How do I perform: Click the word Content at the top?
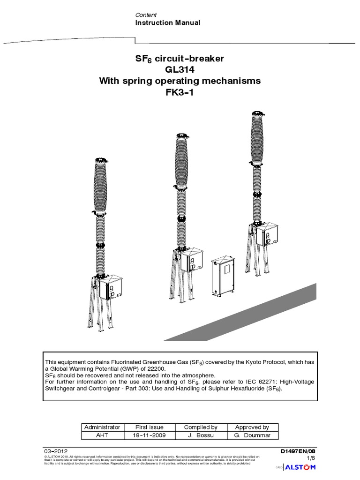click(x=146, y=15)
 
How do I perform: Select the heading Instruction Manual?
click(x=167, y=22)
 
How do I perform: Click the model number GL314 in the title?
click(x=180, y=70)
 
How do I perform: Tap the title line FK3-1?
click(x=180, y=92)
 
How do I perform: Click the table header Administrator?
click(x=102, y=427)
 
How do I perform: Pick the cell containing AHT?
click(x=102, y=435)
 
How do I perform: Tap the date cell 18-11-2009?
click(x=150, y=435)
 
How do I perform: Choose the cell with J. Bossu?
click(x=201, y=435)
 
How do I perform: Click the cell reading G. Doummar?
click(x=253, y=435)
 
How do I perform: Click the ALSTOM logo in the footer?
click(x=302, y=467)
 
